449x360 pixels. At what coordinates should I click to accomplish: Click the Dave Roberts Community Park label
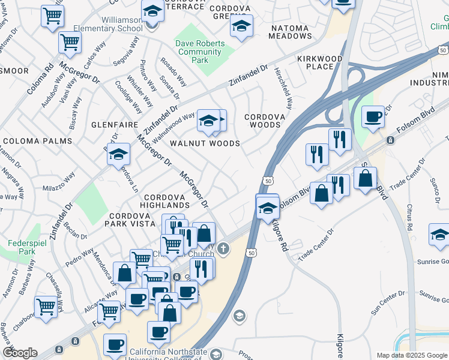click(x=200, y=52)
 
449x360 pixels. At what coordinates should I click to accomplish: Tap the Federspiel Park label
click(x=28, y=249)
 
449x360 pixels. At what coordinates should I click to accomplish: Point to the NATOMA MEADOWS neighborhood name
click(x=299, y=32)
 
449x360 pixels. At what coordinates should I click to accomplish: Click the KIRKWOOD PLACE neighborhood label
click(x=319, y=62)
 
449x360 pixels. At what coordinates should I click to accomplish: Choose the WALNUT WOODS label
click(x=205, y=143)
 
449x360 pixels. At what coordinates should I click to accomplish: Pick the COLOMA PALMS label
click(x=37, y=141)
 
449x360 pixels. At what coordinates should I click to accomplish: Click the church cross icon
click(x=223, y=248)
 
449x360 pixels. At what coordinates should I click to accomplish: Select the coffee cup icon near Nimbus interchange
click(x=373, y=116)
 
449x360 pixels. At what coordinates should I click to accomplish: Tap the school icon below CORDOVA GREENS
click(x=241, y=26)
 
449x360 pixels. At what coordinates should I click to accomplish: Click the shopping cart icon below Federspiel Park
click(x=46, y=307)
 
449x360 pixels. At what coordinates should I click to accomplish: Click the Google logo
click(x=20, y=353)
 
